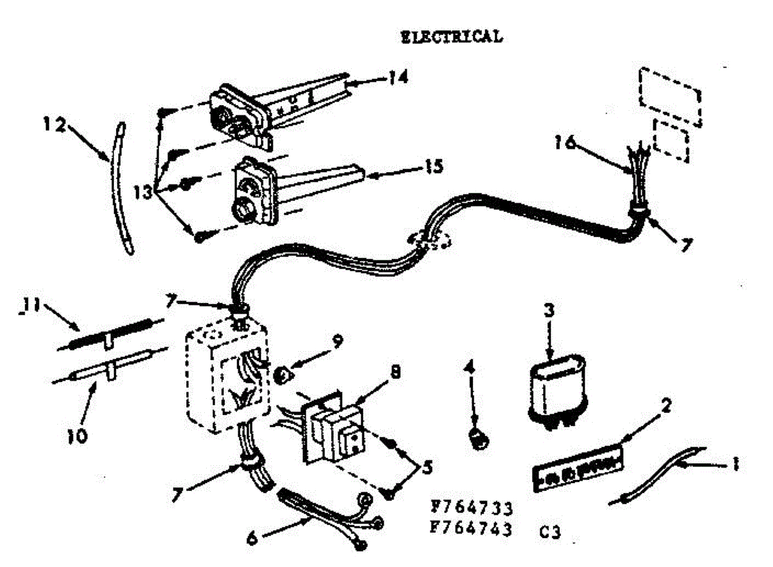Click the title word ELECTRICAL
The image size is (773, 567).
(x=451, y=37)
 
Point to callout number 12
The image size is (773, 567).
(x=55, y=124)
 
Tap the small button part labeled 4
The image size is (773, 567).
(x=477, y=439)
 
